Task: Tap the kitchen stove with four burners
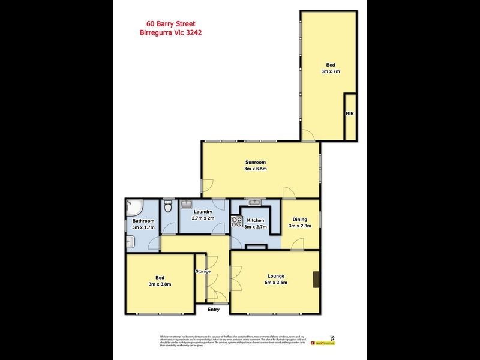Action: (236, 220)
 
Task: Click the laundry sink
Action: (186, 204)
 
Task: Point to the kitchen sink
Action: (254, 202)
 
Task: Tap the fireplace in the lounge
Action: (316, 280)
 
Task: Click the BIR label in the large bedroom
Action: (349, 113)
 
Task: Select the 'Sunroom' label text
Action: (255, 162)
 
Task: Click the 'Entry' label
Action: (214, 310)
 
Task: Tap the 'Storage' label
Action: (203, 272)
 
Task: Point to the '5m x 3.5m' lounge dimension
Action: (277, 283)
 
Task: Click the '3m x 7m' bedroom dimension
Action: (330, 71)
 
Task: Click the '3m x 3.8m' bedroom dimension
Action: (160, 284)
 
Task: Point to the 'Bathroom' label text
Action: (143, 221)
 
